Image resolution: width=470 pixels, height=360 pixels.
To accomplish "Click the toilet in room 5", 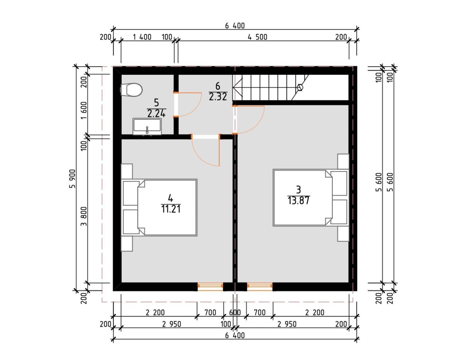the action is [x=131, y=90].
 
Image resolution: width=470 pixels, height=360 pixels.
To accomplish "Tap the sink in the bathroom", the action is [x=147, y=127].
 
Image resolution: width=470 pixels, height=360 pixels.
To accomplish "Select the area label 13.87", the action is [x=298, y=200].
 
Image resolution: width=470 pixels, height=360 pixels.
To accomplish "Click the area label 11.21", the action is [x=171, y=209].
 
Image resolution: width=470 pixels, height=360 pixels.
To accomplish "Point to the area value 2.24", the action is [x=156, y=113].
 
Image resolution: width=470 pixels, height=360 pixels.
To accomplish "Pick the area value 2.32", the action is [x=218, y=96].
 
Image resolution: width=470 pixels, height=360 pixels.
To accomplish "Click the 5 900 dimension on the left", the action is [x=72, y=179].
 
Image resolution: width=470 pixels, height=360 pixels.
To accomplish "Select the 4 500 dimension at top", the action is [x=257, y=37].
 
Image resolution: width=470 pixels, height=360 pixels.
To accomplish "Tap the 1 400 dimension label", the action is [x=142, y=37].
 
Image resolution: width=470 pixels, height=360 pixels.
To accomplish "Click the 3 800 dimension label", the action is [x=84, y=216].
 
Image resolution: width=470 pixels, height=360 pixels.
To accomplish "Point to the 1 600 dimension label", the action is [x=84, y=110].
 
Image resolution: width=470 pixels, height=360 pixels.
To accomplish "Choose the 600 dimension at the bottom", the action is [x=235, y=313].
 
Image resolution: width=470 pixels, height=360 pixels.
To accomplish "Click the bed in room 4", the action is [x=159, y=207].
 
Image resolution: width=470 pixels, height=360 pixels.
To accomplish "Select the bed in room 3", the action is [x=311, y=198].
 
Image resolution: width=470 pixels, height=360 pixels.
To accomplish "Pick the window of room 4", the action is [x=210, y=287].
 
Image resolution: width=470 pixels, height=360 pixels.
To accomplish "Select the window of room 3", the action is [x=259, y=287].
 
